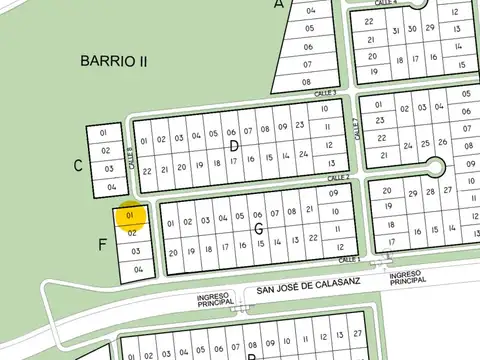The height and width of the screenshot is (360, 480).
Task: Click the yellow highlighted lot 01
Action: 131,215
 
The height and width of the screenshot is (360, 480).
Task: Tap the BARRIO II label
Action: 114,62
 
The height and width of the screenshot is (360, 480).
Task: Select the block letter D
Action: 234,146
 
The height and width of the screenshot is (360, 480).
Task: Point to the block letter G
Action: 259,230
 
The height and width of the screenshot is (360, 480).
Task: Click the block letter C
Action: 78,165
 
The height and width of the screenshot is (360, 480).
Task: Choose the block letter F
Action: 103,244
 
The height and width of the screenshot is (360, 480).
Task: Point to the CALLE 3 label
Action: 325,93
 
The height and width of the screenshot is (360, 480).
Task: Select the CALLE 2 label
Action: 338,178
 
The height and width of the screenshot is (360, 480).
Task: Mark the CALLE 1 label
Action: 348,259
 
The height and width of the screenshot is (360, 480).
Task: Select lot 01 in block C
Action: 104,132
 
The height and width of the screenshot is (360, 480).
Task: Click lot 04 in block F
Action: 139,269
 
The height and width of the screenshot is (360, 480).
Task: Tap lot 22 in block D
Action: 147,171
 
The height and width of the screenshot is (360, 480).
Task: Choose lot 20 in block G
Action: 173,253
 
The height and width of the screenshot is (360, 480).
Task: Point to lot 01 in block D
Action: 145,139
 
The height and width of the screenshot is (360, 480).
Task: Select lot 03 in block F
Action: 135,251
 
